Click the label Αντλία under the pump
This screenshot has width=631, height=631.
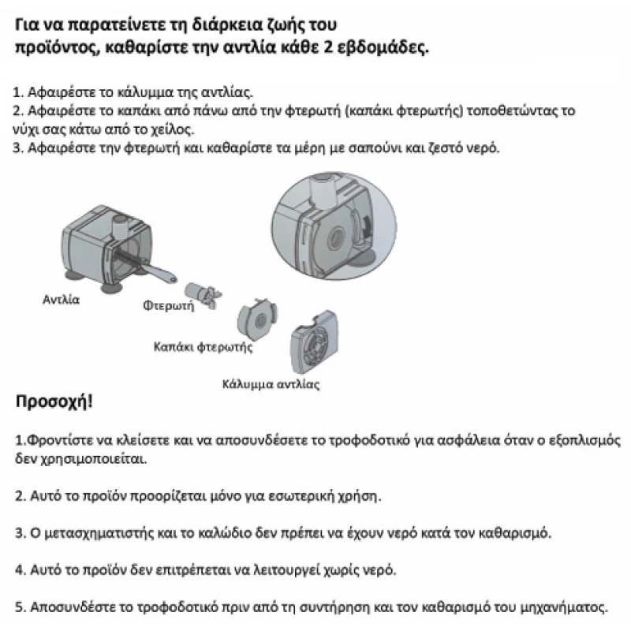pyautogui.click(x=62, y=300)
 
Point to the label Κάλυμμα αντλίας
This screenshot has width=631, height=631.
pyautogui.click(x=270, y=385)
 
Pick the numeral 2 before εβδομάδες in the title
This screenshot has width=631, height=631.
pyautogui.click(x=351, y=47)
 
